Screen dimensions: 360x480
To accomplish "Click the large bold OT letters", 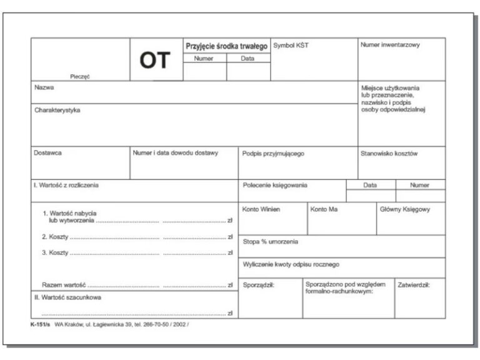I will (154, 61).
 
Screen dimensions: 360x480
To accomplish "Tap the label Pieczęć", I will (80, 76).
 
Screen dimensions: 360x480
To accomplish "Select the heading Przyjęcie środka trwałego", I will (226, 46).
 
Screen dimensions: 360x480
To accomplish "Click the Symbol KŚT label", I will (291, 46).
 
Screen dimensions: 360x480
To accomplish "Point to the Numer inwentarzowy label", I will (390, 45).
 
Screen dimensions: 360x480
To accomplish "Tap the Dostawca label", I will (47, 153).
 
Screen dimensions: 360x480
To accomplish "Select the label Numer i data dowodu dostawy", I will (176, 153).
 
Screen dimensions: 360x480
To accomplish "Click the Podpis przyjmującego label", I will (272, 154).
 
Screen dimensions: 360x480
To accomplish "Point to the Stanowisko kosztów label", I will (389, 153).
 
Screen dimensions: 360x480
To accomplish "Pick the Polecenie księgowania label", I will (275, 185).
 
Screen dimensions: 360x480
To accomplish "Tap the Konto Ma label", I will (324, 209).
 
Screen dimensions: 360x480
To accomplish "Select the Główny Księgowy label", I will (405, 209).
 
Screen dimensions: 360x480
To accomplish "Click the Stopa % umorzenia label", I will (271, 241).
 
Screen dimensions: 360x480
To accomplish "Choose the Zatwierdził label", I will (414, 284).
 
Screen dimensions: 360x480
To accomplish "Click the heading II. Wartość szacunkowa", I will (67, 297).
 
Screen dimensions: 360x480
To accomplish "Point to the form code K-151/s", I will (41, 325).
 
